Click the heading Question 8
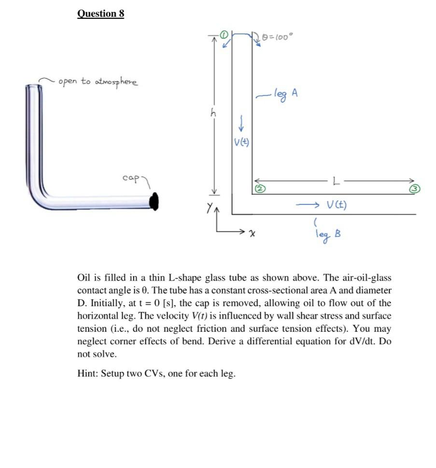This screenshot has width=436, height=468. click(x=100, y=14)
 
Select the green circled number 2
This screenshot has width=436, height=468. click(x=258, y=189)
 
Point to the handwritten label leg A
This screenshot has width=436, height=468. click(x=286, y=93)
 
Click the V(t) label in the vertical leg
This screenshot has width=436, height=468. click(x=241, y=142)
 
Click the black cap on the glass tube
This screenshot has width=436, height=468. click(x=154, y=201)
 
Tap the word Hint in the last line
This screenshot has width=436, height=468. click(x=88, y=374)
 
